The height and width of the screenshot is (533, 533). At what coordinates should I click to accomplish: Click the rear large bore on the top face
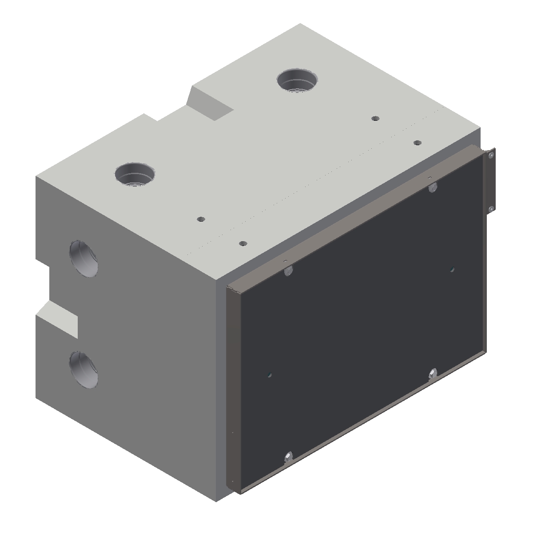[297, 81]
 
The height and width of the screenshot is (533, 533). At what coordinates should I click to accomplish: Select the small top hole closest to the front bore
[201, 219]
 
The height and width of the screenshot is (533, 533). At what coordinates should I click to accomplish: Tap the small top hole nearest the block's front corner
[243, 243]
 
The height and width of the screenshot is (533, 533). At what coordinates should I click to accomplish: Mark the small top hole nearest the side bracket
[417, 143]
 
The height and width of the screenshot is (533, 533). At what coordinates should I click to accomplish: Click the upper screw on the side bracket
[491, 155]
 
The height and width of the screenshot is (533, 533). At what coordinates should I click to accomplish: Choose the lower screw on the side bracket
[491, 209]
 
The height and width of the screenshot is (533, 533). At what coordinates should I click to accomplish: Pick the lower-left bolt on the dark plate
[288, 457]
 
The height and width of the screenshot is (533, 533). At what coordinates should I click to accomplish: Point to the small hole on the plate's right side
[452, 268]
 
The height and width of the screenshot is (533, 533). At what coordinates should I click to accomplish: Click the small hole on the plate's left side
[270, 374]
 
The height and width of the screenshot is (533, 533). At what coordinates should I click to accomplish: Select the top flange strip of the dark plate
[355, 218]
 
